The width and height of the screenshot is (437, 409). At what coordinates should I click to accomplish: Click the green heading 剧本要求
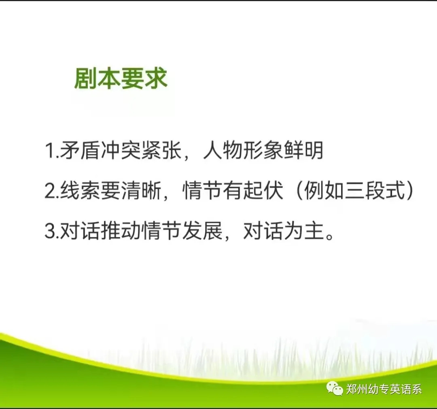pyautogui.click(x=121, y=79)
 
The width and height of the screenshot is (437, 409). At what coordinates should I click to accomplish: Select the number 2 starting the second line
pyautogui.click(x=50, y=192)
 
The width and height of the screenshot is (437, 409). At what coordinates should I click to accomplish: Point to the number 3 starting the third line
pyautogui.click(x=50, y=232)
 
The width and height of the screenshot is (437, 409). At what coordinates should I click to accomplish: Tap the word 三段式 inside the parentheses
pyautogui.click(x=375, y=191)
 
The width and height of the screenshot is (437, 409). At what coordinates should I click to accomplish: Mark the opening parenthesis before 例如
pyautogui.click(x=299, y=191)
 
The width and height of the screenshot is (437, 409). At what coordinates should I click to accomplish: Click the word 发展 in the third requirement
pyautogui.click(x=202, y=232)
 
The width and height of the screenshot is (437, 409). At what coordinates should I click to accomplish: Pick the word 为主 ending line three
pyautogui.click(x=304, y=232)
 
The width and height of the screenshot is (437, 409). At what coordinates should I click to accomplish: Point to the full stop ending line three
pyautogui.click(x=329, y=237)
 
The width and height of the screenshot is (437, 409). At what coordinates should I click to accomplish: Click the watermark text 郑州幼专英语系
pyautogui.click(x=384, y=389)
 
